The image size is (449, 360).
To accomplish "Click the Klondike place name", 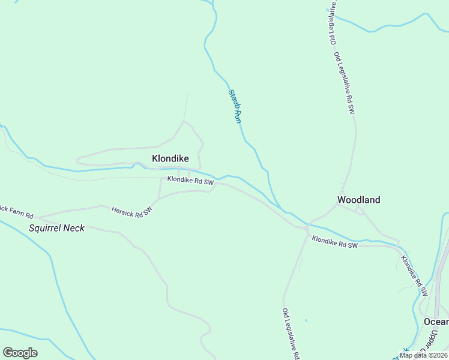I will pos(170,159).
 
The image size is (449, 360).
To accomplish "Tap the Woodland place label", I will pos(358,200).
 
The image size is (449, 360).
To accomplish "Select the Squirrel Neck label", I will pos(57,228).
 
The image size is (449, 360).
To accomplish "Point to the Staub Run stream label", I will pos(235,106).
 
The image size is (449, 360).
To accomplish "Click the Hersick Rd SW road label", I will pos(132,210).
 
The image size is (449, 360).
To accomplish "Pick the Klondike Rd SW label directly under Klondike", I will pos(190,180).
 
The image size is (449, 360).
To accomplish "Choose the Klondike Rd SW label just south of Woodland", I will pos(334,242).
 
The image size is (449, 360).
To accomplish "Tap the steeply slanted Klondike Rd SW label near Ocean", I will pos(414,275).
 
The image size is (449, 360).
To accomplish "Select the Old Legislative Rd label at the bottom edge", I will pos(291,334).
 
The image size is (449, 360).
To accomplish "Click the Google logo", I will pos(20,353).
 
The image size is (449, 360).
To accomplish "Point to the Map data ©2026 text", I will pos(423,355).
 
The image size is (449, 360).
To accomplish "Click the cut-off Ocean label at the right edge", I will pos(436,322).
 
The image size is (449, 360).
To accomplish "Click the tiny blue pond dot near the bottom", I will pos(306,320).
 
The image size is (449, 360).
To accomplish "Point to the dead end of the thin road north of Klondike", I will pos(188,94).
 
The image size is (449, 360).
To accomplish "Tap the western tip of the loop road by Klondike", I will pos(77,161).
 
